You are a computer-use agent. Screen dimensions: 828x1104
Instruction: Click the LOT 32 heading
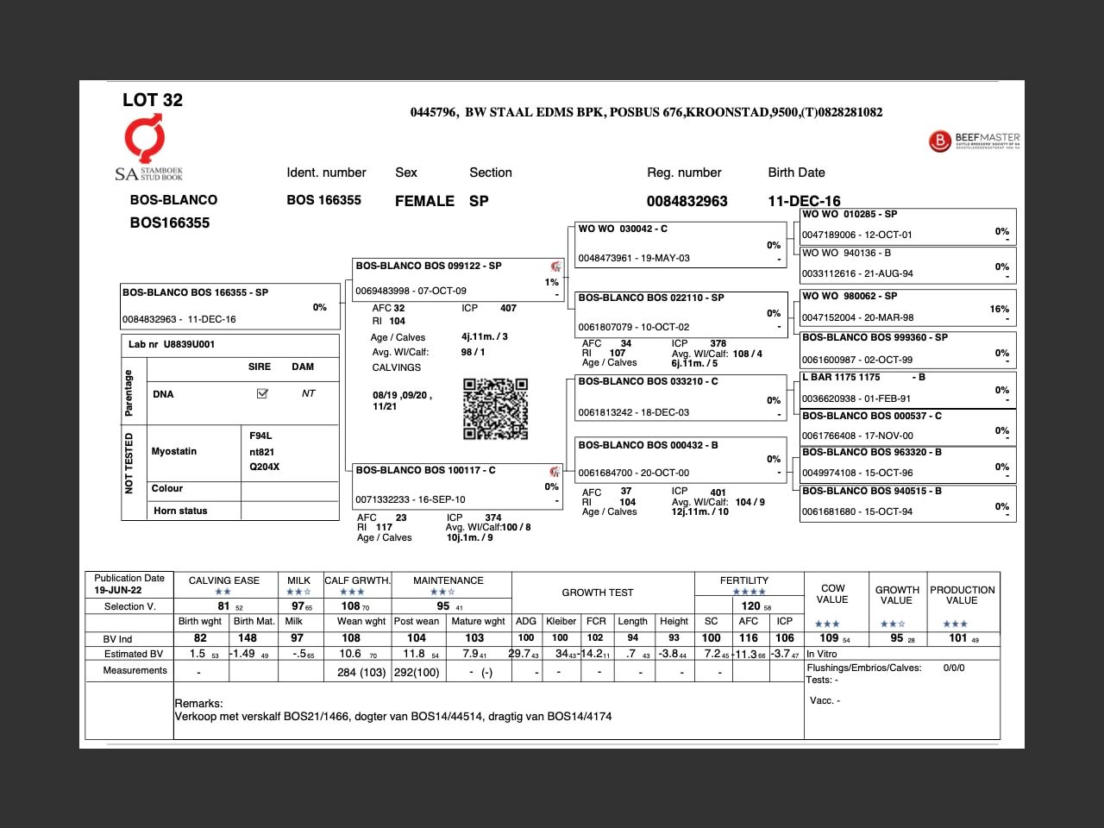[153, 100]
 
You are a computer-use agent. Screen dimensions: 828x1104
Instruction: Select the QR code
[495, 409]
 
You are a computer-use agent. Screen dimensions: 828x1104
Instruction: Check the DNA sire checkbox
[262, 394]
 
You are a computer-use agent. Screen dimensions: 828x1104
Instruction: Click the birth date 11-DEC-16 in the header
[804, 201]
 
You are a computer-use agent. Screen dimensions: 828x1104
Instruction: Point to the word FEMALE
[424, 201]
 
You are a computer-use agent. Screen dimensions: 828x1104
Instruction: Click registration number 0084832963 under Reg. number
[687, 201]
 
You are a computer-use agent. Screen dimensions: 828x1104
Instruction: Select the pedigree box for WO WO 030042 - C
[681, 243]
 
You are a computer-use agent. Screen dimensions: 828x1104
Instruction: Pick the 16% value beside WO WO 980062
[999, 309]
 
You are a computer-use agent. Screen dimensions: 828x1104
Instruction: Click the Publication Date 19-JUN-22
[118, 590]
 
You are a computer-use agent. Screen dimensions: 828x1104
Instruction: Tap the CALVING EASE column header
[223, 580]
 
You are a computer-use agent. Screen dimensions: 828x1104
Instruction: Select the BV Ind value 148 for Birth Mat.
[248, 638]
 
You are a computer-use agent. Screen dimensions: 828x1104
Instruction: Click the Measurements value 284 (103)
[361, 672]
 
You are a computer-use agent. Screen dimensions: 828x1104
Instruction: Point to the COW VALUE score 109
[829, 638]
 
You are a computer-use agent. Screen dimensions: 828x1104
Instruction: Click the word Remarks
[198, 703]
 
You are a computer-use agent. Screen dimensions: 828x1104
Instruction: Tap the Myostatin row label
[174, 451]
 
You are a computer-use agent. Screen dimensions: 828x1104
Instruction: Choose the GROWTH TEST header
[598, 593]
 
